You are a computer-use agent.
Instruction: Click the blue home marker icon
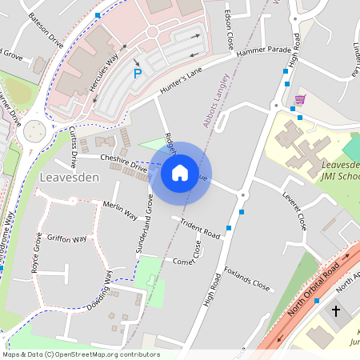click(x=180, y=172)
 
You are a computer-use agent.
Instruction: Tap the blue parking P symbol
click(x=137, y=74)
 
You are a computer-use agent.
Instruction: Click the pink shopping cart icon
click(x=300, y=99)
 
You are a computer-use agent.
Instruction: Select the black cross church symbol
click(x=335, y=310)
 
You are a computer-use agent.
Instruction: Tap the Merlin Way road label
click(x=121, y=210)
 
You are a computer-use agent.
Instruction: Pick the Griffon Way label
click(x=67, y=238)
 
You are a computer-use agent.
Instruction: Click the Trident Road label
click(x=200, y=229)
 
